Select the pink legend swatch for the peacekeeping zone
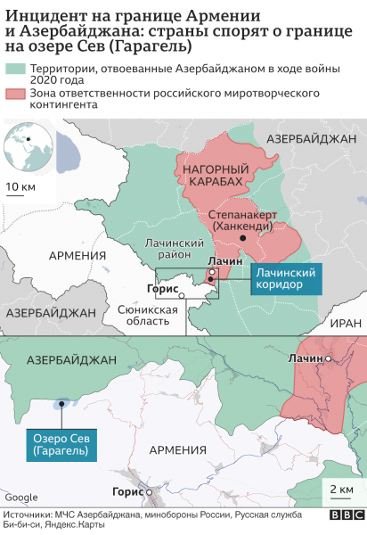[x=14, y=94]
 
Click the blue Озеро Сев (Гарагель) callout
[x=61, y=446]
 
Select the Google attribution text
[x=20, y=497]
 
